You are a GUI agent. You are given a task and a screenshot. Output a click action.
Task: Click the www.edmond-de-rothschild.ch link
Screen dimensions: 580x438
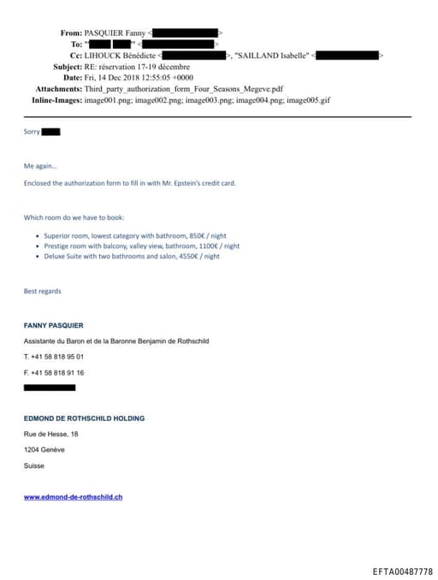pos(73,496)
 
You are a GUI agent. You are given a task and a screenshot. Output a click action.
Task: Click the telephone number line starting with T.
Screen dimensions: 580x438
pos(54,356)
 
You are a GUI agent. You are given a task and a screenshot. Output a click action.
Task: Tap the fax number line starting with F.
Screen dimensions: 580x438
pos(54,372)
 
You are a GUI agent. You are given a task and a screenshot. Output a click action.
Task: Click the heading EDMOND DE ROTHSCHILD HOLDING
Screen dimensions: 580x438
pos(84,418)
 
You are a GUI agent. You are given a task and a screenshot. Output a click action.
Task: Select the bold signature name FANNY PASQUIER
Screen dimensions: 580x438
pos(53,325)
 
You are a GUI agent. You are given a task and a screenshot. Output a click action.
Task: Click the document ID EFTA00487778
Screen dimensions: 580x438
pos(402,571)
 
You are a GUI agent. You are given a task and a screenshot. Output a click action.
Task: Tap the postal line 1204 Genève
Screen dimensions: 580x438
pos(44,449)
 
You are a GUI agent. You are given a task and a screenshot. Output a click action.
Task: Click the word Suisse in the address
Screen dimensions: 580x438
pos(34,465)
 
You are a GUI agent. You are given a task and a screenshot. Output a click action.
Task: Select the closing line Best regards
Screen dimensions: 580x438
pos(42,292)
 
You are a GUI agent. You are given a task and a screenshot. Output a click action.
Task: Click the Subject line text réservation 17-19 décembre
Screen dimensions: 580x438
pos(144,67)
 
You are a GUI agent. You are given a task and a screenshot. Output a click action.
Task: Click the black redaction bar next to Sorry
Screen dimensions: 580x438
pos(50,132)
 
